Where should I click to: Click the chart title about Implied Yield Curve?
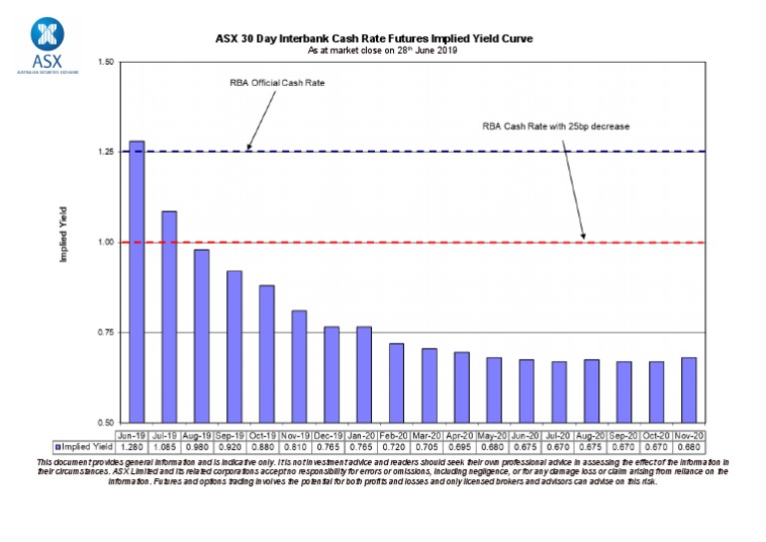click(374, 38)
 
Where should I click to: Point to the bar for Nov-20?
click(688, 389)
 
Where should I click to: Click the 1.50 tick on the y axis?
click(106, 62)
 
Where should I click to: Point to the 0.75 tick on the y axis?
click(106, 332)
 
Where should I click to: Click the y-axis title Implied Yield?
click(64, 235)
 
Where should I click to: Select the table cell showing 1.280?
click(137, 447)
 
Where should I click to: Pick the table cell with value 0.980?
click(201, 447)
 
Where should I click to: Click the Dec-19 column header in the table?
click(331, 435)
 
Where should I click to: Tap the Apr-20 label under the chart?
click(461, 435)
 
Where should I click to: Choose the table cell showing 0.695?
click(461, 447)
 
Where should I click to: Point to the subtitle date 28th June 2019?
click(399, 49)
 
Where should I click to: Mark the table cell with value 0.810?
click(298, 447)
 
